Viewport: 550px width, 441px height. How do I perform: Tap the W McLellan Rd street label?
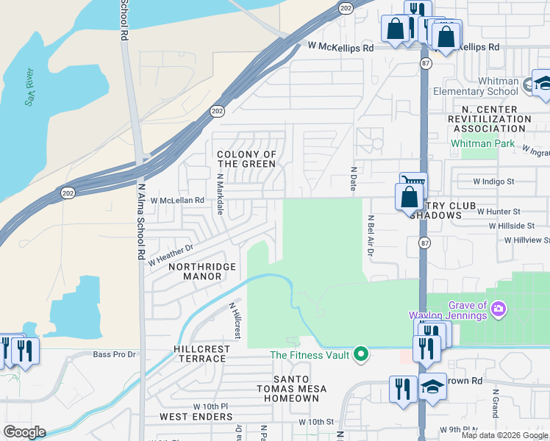(176, 200)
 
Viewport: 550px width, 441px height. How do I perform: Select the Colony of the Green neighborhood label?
(247, 159)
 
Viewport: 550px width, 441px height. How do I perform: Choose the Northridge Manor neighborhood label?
(195, 271)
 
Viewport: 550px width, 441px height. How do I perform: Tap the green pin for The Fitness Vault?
(360, 354)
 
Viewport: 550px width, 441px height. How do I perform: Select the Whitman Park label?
(483, 143)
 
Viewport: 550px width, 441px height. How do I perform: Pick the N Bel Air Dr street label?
(371, 236)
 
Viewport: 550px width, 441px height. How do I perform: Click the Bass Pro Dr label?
(115, 354)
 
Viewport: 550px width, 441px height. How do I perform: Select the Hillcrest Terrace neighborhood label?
(200, 354)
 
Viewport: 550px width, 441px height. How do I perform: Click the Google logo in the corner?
(24, 432)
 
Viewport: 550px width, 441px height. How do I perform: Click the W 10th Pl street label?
(211, 406)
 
